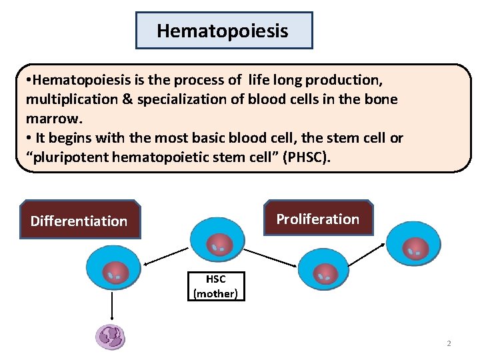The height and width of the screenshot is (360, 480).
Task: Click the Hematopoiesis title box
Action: tap(224, 31)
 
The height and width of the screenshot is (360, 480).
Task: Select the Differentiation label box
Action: tap(80, 220)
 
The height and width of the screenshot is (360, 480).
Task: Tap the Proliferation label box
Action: tap(318, 218)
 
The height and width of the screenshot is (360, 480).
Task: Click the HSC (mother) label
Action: tap(215, 287)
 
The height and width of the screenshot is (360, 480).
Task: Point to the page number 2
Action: tap(449, 343)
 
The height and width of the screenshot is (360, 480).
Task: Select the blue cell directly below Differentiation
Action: tap(113, 269)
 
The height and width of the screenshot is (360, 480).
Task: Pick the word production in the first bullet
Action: tap(344, 80)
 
